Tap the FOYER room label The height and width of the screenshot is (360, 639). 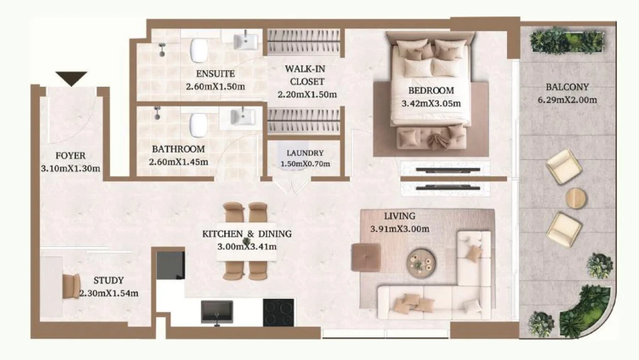pyautogui.click(x=70, y=156)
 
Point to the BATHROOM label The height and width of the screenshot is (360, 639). pyautogui.click(x=178, y=149)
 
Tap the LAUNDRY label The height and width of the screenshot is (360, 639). pyautogui.click(x=305, y=153)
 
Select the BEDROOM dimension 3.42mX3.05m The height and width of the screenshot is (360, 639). pyautogui.click(x=431, y=103)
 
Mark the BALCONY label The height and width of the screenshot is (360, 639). pyautogui.click(x=567, y=87)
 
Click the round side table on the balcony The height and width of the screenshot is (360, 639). pyautogui.click(x=576, y=197)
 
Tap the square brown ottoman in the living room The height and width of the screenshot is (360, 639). pyautogui.click(x=367, y=256)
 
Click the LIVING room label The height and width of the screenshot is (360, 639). pyautogui.click(x=400, y=216)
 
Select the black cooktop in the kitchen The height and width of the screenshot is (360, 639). pyautogui.click(x=278, y=311)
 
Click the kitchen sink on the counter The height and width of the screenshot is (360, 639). pyautogui.click(x=217, y=310)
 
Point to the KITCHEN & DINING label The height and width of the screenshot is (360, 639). pyautogui.click(x=246, y=234)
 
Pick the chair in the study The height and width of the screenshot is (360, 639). pyautogui.click(x=72, y=285)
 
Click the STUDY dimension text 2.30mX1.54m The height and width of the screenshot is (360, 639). pyautogui.click(x=108, y=293)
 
